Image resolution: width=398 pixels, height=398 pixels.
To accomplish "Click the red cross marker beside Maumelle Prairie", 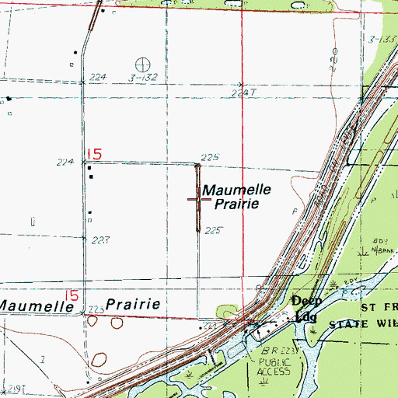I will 197,199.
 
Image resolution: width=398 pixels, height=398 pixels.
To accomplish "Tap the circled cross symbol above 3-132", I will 142,64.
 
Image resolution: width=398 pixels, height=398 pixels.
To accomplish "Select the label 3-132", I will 145,77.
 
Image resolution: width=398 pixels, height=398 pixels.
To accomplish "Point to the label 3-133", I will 382,39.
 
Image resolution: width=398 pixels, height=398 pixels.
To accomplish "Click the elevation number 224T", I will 243,93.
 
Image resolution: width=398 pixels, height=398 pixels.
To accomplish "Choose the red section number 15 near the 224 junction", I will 94,153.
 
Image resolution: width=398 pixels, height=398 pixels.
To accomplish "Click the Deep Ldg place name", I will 305,308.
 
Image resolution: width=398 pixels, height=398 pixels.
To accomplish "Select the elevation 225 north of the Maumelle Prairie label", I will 210,157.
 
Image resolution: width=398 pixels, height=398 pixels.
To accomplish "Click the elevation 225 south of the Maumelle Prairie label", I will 215,231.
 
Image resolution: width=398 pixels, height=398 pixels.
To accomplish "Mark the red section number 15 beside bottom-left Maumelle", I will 72,295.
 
